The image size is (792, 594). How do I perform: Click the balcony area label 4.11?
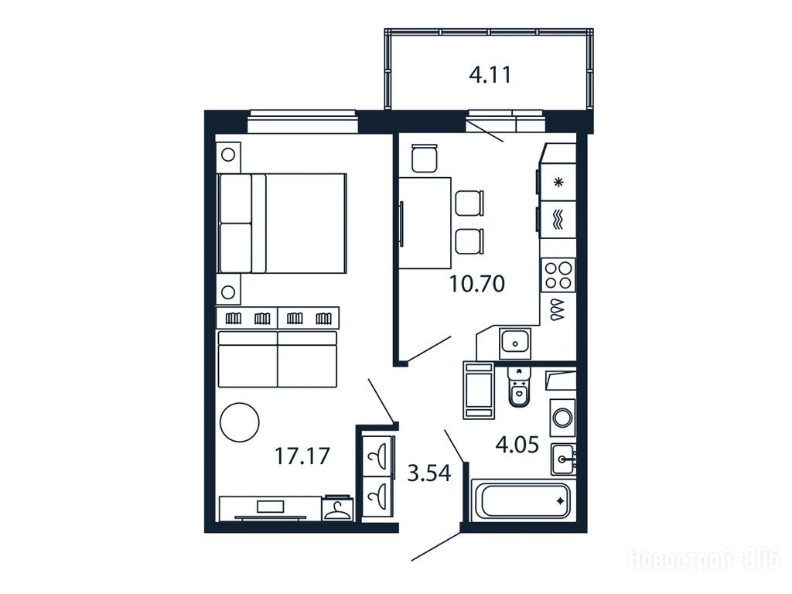tap(490, 75)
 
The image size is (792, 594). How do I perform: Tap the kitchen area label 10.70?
tap(476, 284)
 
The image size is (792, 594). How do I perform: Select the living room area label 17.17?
tap(302, 456)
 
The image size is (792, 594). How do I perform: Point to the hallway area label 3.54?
tap(428, 473)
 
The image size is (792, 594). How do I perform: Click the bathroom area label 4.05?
tap(517, 445)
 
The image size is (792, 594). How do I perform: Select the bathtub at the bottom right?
tap(524, 500)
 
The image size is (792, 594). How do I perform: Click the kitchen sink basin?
tap(515, 343)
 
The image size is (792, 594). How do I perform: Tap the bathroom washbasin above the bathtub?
tap(564, 459)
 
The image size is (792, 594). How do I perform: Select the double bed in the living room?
tap(282, 224)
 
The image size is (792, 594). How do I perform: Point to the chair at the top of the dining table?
tap(425, 158)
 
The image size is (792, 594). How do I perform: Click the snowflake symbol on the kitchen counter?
tap(558, 183)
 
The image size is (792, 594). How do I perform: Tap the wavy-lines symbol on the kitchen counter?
tap(558, 220)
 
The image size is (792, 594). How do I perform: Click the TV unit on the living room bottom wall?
tap(270, 507)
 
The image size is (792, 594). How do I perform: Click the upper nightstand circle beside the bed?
tap(228, 155)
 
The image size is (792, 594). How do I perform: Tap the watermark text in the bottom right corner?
tap(704, 559)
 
